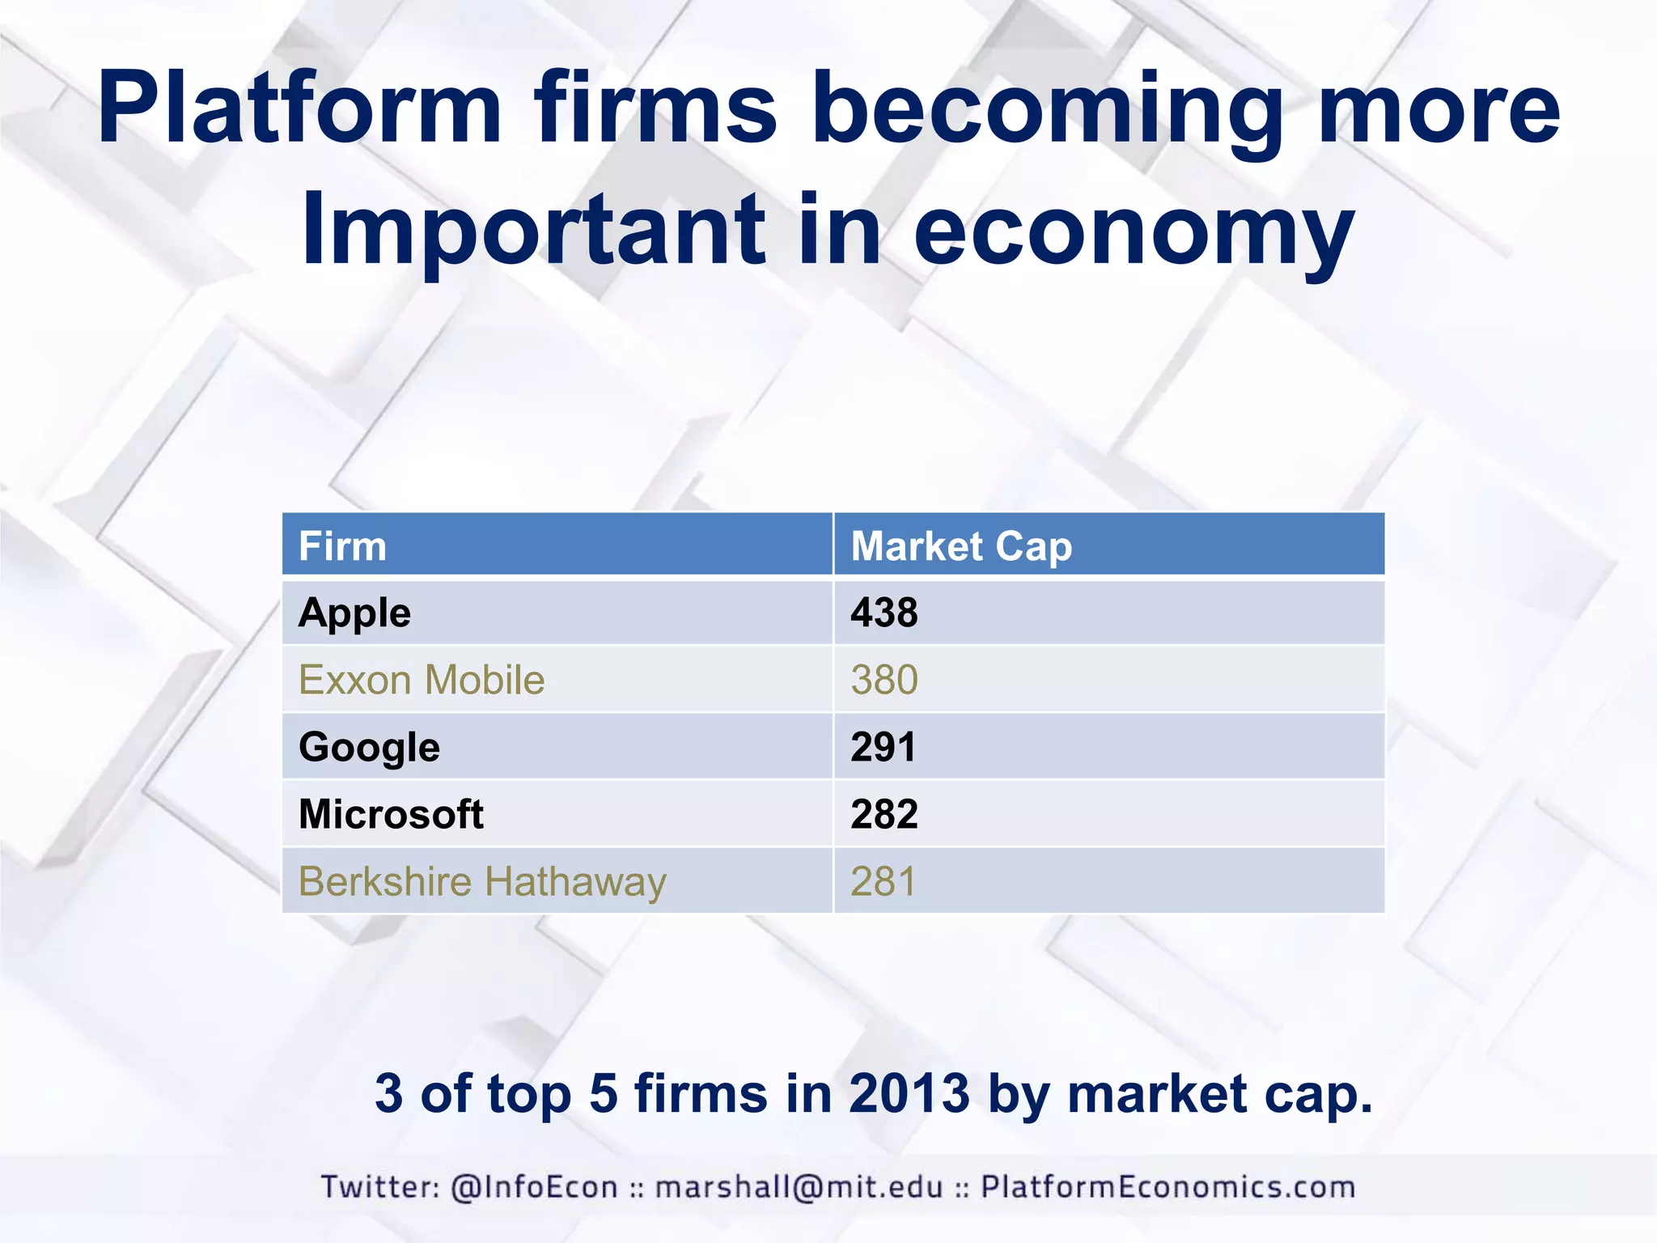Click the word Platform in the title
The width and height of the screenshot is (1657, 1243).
point(299,109)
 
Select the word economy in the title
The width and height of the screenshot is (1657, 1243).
point(1134,231)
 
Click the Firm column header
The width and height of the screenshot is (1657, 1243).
point(342,546)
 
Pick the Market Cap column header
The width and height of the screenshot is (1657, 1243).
point(961,546)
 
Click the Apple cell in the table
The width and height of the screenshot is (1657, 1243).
point(354,613)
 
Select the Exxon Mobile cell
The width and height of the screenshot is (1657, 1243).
point(422,680)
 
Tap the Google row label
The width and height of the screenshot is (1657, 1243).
point(369,747)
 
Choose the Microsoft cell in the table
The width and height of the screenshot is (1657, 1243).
point(391,814)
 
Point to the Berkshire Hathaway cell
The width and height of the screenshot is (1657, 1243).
point(482,881)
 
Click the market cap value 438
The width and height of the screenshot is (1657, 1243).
point(884,613)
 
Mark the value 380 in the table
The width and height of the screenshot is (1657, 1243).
point(884,680)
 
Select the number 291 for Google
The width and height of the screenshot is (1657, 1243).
point(883,747)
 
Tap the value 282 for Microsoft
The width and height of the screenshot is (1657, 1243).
point(884,814)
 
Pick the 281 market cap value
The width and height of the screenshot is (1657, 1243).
point(883,881)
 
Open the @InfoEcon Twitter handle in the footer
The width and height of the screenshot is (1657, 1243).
point(534,1187)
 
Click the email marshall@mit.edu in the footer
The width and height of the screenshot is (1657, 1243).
point(799,1187)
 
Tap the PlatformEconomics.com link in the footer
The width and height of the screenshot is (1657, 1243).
point(1168,1187)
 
